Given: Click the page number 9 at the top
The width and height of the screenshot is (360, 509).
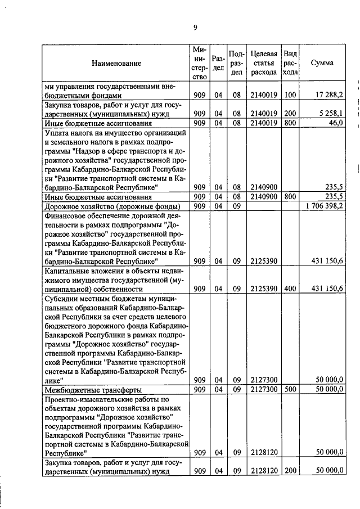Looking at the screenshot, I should click(x=195, y=28).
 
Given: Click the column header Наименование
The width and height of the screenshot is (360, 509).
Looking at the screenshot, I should click(x=116, y=64).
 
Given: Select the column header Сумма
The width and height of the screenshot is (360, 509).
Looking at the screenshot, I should click(x=322, y=63).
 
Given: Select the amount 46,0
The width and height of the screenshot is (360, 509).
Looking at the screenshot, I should click(x=336, y=123).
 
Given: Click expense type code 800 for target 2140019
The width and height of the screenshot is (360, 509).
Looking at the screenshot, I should click(x=290, y=123).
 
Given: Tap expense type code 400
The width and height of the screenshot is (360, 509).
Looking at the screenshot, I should click(x=290, y=289).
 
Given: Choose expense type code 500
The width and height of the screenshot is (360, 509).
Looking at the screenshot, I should click(x=290, y=389).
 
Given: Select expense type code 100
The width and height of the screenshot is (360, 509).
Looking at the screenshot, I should click(x=290, y=95).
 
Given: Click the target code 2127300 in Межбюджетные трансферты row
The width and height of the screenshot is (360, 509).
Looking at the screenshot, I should click(x=264, y=389).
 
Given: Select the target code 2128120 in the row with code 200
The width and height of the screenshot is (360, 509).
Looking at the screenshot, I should click(x=264, y=470).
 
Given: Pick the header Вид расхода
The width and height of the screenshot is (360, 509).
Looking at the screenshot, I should click(x=290, y=63).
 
